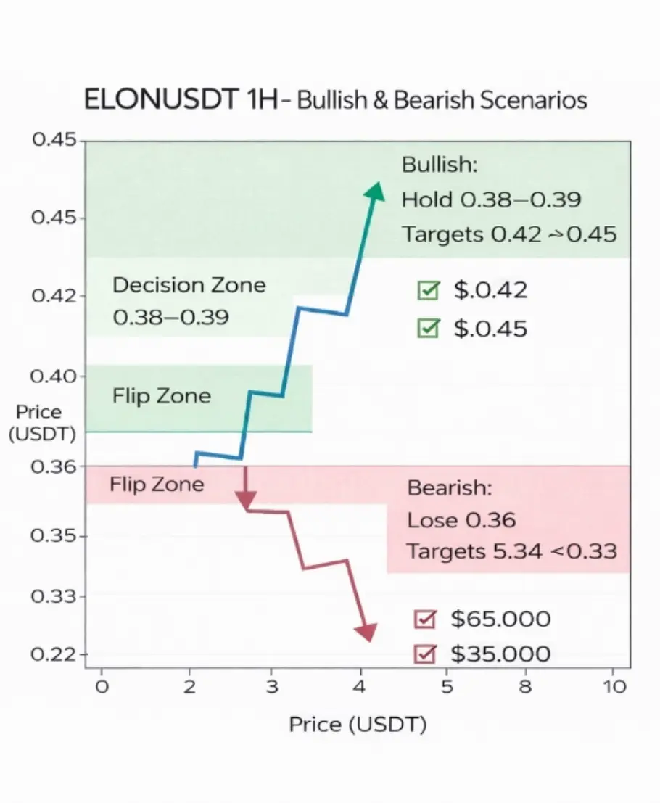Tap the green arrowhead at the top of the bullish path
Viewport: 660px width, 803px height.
point(375,192)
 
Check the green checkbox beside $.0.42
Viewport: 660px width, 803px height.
point(428,291)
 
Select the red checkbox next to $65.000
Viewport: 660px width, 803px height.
point(424,619)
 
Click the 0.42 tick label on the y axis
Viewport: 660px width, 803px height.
point(54,296)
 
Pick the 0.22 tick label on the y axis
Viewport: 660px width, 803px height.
point(54,654)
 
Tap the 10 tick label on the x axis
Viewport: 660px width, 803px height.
point(615,686)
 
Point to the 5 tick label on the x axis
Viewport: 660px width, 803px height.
point(447,686)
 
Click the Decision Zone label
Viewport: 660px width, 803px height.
point(189,284)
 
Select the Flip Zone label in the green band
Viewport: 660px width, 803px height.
point(162,396)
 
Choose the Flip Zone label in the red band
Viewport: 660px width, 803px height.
point(157,484)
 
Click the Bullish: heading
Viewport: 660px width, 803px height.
point(440,165)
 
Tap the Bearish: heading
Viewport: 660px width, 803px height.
point(449,487)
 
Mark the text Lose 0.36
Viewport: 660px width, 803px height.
point(461,520)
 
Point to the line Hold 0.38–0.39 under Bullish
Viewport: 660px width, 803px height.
point(491,199)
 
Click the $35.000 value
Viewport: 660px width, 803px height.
point(500,654)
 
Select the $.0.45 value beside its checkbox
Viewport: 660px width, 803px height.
point(490,329)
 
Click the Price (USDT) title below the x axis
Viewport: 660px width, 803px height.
point(358,724)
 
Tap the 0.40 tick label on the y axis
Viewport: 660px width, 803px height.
point(54,376)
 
